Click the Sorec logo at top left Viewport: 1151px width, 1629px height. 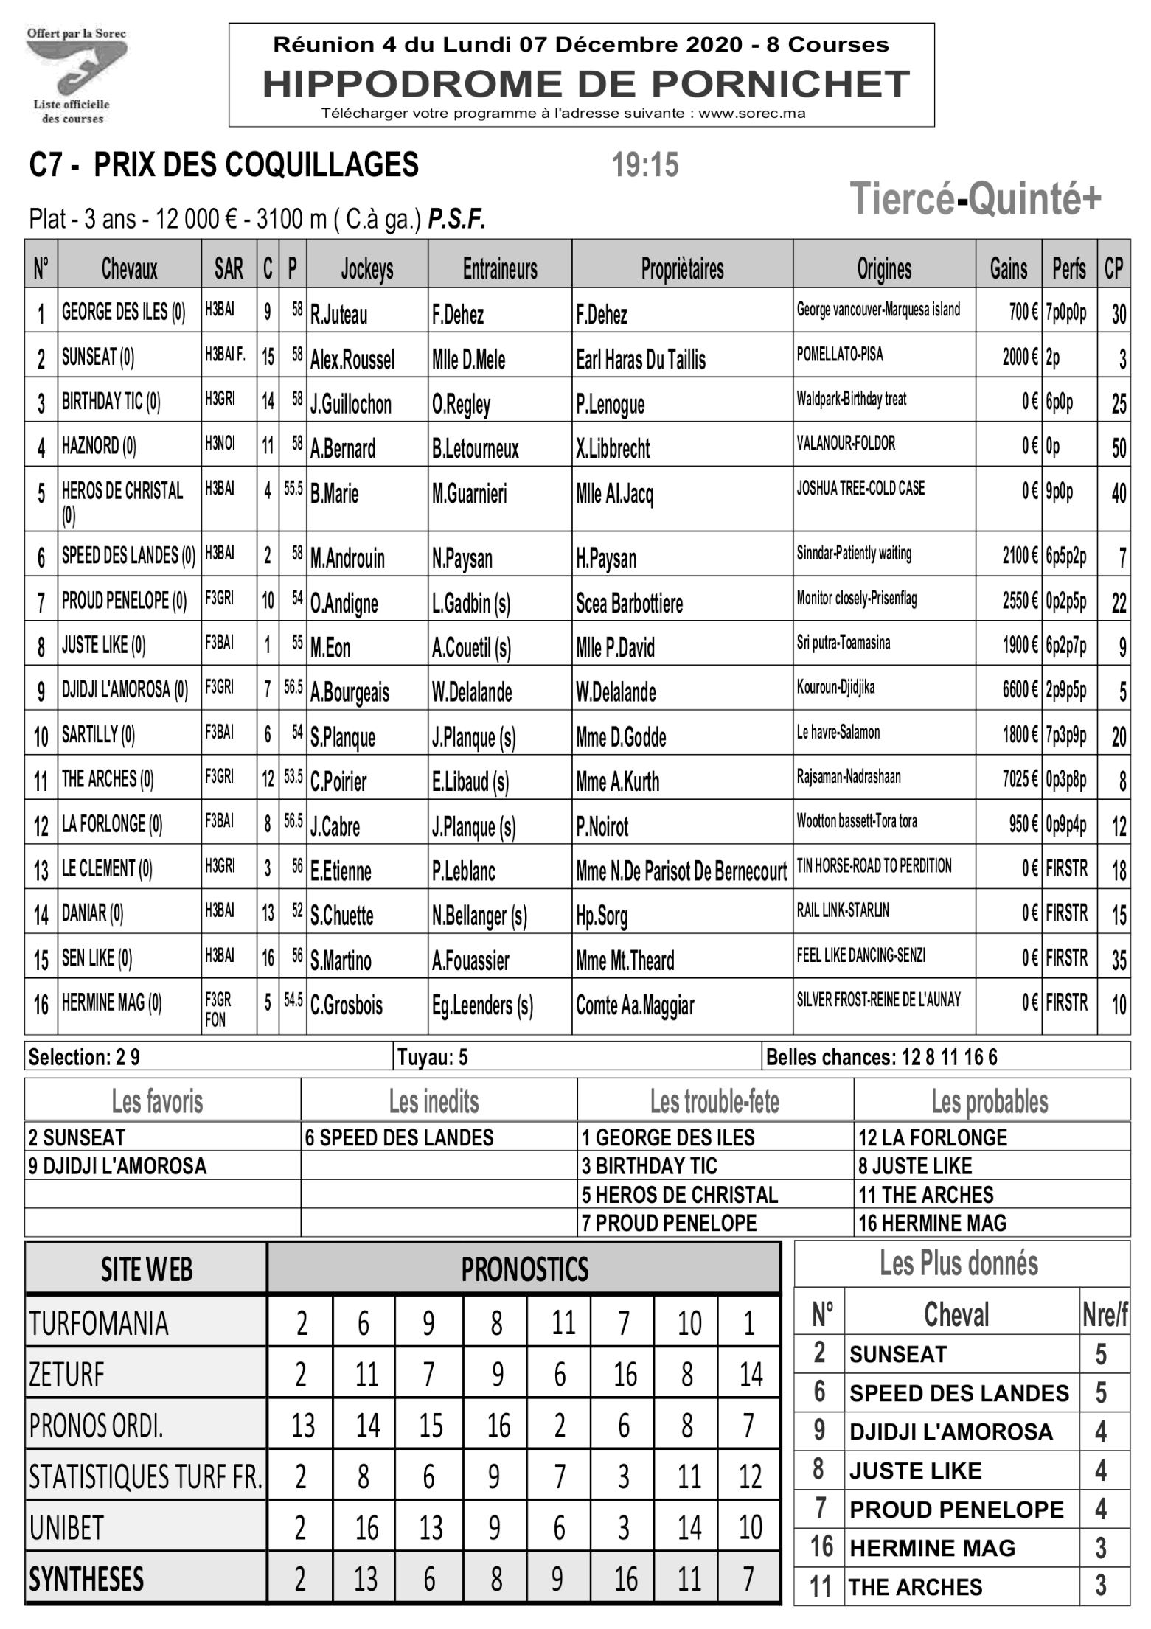76,74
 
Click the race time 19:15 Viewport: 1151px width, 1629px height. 645,165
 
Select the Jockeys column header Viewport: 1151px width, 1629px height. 366,269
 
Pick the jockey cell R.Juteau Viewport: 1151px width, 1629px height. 338,315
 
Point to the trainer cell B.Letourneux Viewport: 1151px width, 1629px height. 475,448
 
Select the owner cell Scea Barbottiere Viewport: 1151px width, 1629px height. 629,603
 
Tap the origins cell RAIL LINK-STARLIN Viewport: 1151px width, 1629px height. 842,911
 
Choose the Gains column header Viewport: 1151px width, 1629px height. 1008,269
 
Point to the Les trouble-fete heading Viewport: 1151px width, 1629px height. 714,1102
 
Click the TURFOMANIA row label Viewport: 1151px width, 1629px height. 99,1323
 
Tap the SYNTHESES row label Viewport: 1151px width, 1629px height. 86,1579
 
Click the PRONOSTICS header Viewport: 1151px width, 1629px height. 524,1269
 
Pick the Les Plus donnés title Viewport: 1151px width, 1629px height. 959,1263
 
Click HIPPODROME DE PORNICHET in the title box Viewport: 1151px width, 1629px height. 585,83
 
